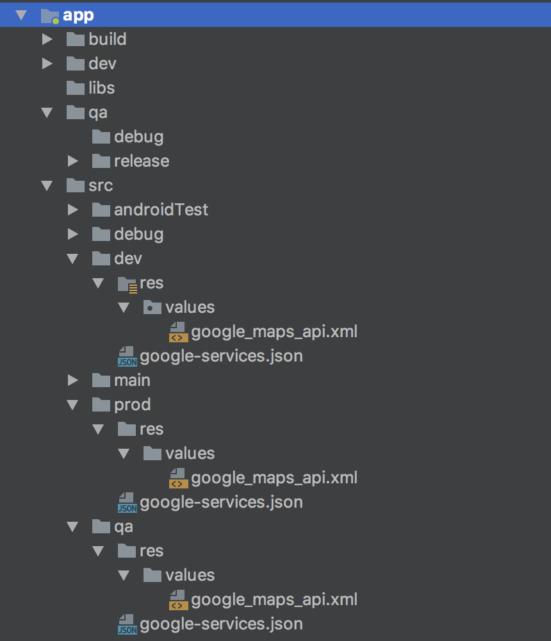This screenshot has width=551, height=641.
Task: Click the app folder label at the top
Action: point(78,15)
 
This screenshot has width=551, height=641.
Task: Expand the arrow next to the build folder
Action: point(47,39)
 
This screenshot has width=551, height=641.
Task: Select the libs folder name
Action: point(101,88)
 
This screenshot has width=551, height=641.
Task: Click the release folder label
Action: point(142,161)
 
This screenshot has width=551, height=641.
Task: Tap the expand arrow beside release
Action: point(72,161)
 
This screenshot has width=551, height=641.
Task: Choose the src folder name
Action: point(101,185)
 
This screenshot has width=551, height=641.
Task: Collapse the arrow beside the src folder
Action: point(47,185)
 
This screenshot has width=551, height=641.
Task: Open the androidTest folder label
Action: point(161,210)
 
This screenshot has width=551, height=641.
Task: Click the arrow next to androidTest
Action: point(72,210)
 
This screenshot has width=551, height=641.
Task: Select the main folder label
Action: point(132,380)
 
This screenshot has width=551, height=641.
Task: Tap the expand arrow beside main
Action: point(72,380)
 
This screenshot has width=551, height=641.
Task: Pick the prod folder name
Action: point(132,404)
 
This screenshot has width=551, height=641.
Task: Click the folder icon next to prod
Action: point(101,404)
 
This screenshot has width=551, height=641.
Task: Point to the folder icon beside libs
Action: point(76,88)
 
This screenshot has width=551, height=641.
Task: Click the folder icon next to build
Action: point(76,39)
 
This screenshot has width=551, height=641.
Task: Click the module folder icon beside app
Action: point(50,15)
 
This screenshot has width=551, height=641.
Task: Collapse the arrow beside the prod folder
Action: point(72,404)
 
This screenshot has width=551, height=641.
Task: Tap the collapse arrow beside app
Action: point(22,15)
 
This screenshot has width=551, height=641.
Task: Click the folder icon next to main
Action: point(101,380)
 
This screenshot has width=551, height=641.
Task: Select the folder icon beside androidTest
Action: point(101,210)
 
